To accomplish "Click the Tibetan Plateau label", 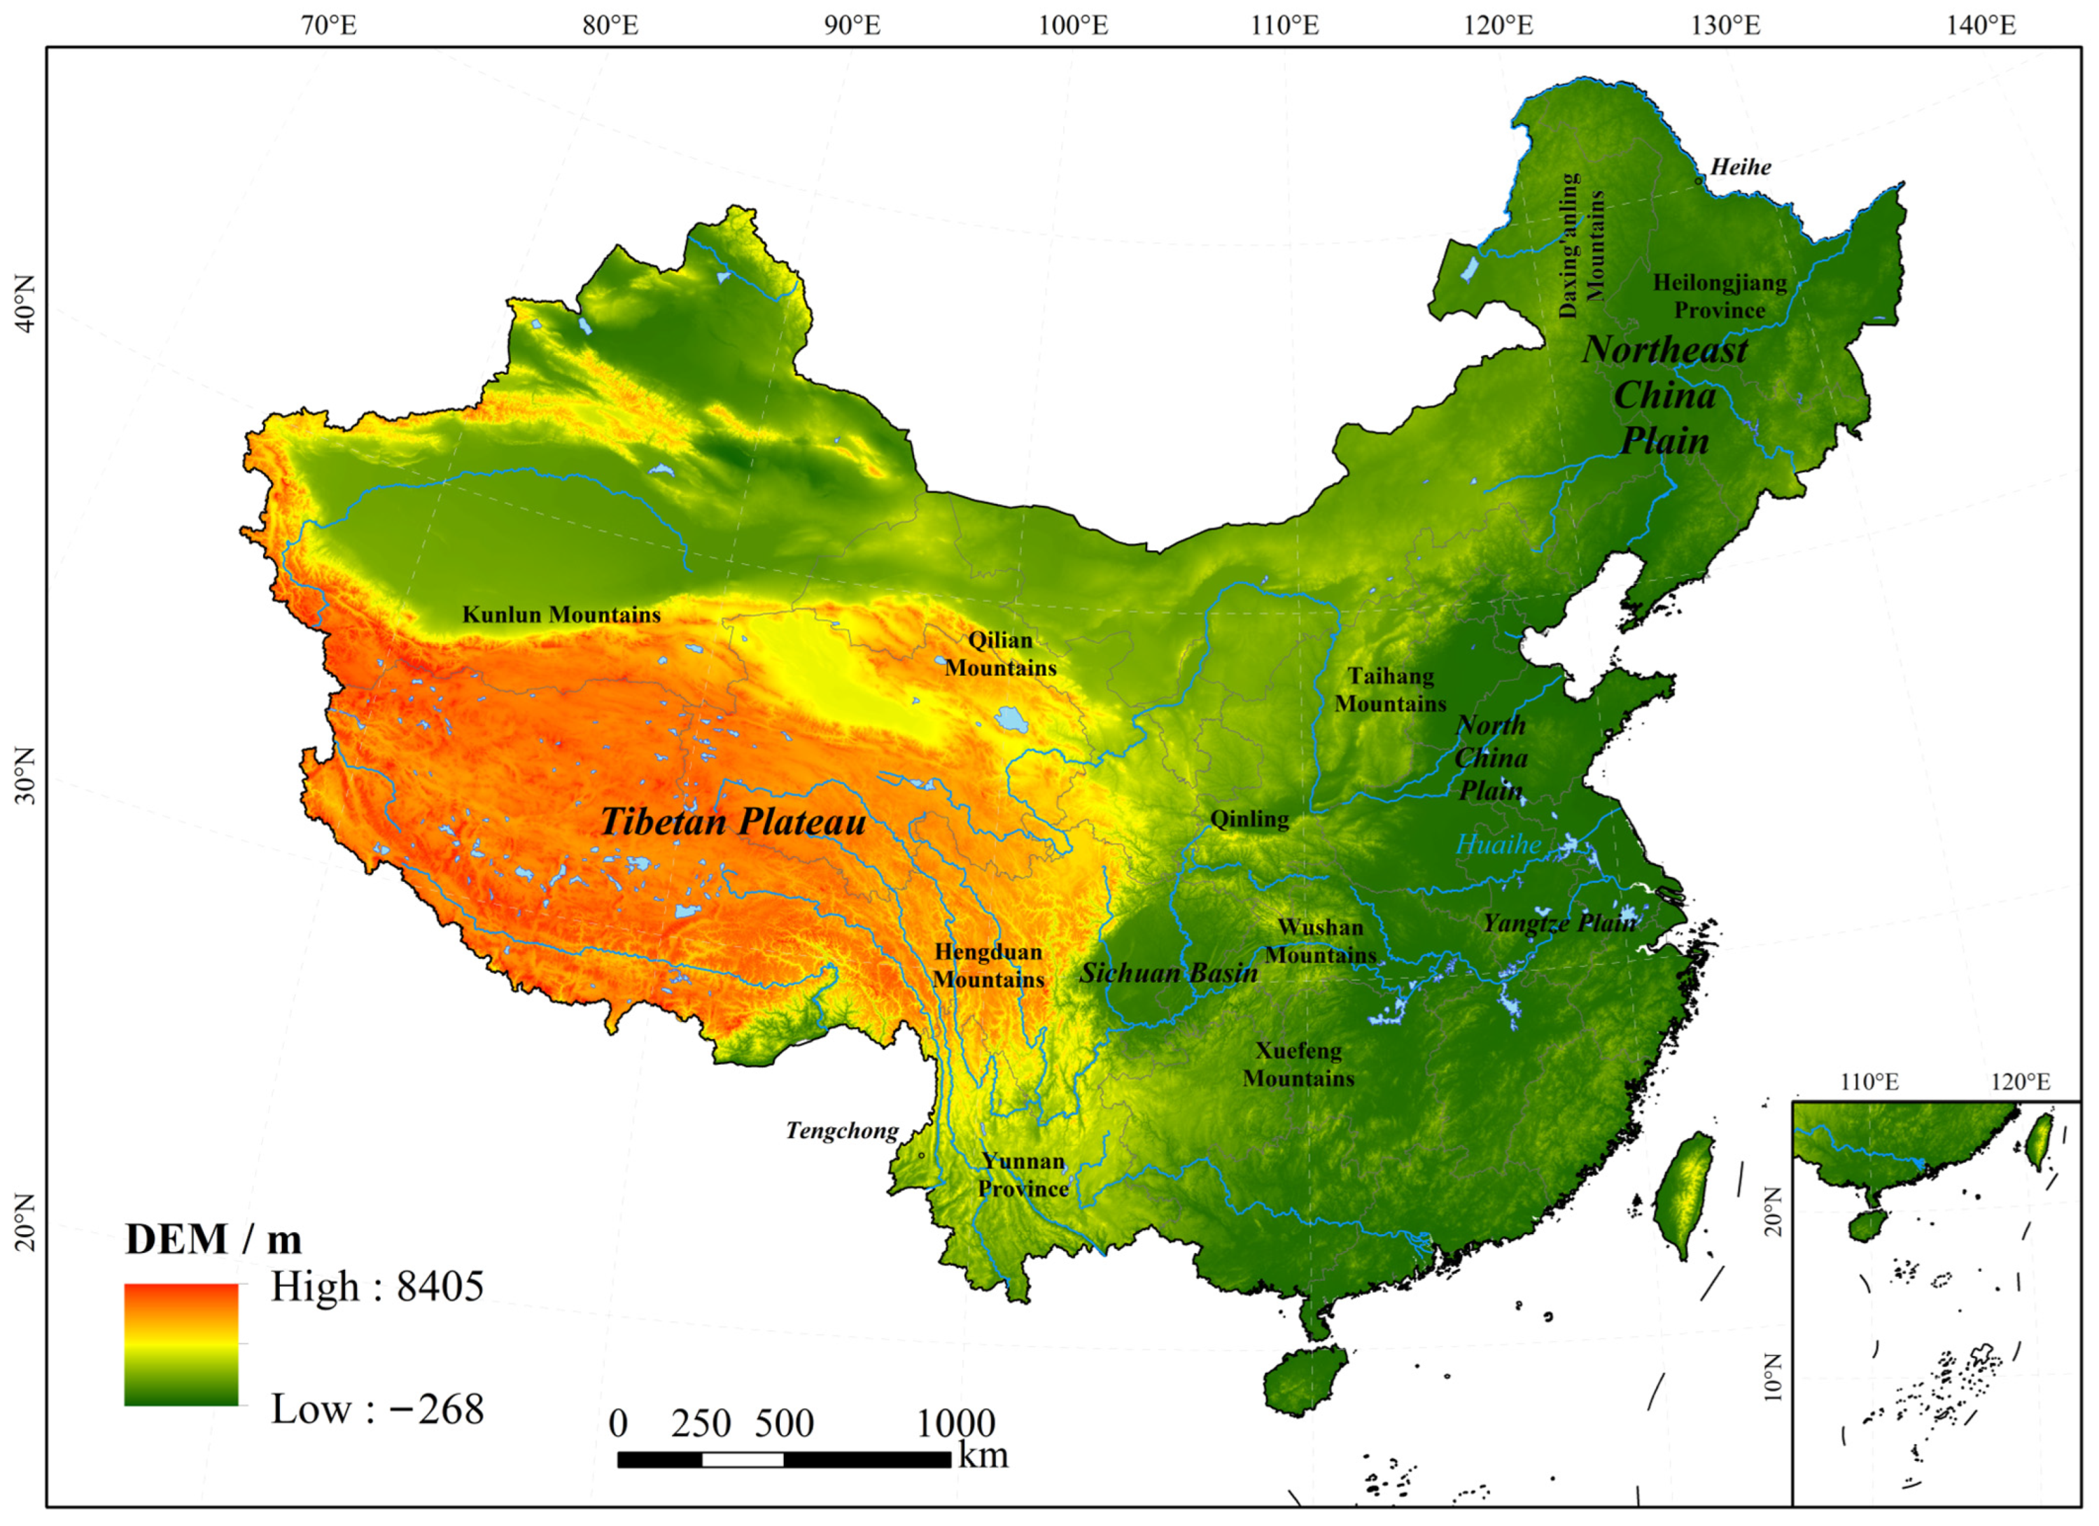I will point(733,822).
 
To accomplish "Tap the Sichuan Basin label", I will point(1168,972).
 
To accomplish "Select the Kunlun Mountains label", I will point(561,615).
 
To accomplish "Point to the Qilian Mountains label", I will point(999,653).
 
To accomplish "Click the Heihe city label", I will point(1740,167).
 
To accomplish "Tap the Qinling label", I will point(1249,819).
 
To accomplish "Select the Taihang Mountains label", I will point(1390,689).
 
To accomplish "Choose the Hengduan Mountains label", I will point(988,965).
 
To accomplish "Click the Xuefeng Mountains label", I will point(1298,1064).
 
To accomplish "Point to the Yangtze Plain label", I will point(1559,923).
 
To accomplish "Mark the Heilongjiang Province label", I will point(1720,296).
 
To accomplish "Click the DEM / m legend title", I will point(213,1239).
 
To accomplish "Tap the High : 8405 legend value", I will point(377,1287).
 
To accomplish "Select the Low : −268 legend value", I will point(377,1409).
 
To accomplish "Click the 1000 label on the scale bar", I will point(955,1423).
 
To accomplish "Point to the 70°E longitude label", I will point(328,25).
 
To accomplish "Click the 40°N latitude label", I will point(25,304).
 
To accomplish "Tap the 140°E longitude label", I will point(1981,25).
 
